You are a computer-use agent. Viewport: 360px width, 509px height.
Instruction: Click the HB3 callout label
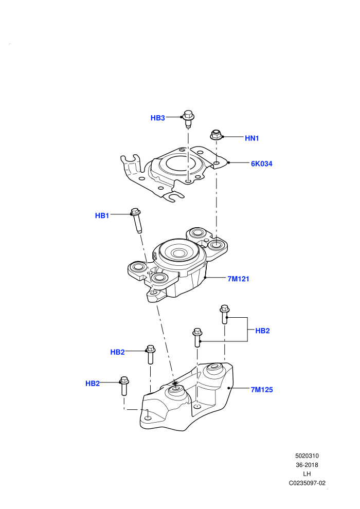click(158, 118)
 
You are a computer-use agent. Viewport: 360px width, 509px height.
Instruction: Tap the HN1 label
click(252, 138)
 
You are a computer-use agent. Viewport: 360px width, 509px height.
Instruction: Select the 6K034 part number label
click(262, 163)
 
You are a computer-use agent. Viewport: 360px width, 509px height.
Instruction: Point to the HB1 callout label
click(102, 215)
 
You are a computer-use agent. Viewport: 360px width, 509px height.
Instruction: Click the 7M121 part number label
click(238, 279)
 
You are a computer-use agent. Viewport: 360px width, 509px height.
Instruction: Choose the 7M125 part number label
click(262, 390)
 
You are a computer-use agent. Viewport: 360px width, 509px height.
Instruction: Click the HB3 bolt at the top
click(188, 118)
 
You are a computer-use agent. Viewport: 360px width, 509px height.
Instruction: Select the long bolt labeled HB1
click(136, 221)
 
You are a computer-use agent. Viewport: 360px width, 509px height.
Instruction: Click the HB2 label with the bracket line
click(262, 331)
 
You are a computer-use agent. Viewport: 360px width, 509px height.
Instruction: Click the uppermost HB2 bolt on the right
click(225, 314)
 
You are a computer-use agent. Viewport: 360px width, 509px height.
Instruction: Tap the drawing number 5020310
click(307, 456)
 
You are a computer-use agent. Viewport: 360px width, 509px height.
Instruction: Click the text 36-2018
click(307, 465)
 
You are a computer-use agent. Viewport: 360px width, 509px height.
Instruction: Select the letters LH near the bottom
click(307, 474)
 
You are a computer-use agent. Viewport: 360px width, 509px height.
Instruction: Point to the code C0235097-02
click(307, 483)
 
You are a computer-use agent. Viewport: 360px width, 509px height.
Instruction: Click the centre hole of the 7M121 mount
click(178, 253)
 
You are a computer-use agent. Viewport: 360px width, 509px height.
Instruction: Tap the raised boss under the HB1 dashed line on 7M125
click(175, 391)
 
